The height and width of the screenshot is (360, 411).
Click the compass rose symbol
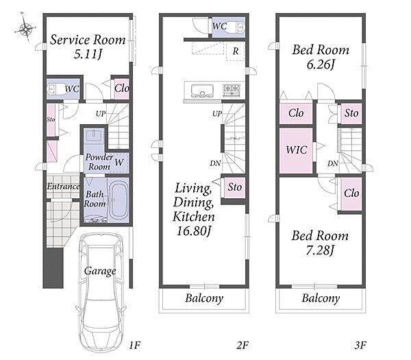[x=25, y=27]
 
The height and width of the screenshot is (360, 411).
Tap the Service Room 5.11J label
[x=88, y=47]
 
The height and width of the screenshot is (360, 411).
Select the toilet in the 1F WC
[x=57, y=89]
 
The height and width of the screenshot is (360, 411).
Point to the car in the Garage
[x=101, y=292]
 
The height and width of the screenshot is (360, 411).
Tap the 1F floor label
[x=135, y=346]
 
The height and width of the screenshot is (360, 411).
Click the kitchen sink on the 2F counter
[x=202, y=91]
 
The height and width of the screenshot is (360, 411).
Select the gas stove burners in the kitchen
[x=232, y=90]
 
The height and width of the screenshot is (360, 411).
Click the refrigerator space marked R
[x=236, y=51]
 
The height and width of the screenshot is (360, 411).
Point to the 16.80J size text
[x=194, y=231]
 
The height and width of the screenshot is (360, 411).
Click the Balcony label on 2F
[x=204, y=298]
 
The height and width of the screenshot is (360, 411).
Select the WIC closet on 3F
[x=296, y=151]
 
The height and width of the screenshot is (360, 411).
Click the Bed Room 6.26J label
[x=321, y=57]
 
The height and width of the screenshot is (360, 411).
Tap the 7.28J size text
[x=320, y=250]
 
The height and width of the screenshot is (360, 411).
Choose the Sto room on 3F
[x=351, y=114]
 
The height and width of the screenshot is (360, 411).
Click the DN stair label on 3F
[x=333, y=164]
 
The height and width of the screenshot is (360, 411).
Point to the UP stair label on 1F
[x=101, y=114]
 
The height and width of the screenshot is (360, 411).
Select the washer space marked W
[x=119, y=163]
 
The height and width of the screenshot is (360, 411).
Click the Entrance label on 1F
[x=63, y=187]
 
